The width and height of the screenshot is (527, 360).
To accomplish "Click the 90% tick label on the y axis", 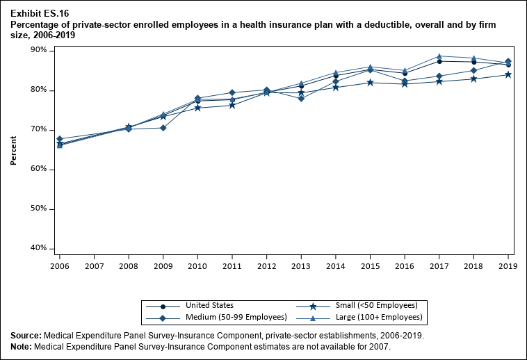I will coord(38,51).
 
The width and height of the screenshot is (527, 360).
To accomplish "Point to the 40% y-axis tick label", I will coord(38,248).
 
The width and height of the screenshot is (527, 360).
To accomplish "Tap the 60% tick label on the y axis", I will coord(38,170).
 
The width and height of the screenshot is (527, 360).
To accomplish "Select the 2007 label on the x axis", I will coord(94,265).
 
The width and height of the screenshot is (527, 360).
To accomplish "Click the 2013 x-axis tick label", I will coord(301,265).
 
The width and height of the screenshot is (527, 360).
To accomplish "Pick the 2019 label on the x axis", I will coord(508,265).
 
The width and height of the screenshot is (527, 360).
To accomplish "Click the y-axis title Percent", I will coord(13,149).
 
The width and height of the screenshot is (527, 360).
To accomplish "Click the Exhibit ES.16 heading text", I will coord(40,13).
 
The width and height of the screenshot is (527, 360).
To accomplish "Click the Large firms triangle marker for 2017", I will coord(439,56).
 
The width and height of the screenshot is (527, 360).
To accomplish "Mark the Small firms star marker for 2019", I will coord(508,74).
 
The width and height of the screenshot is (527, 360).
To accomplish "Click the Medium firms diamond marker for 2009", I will coord(163,128).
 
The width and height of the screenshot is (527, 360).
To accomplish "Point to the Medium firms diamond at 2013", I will coord(301,99).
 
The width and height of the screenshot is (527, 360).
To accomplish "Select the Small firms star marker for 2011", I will coord(232,105).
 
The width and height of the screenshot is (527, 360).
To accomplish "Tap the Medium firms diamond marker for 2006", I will coord(60,139).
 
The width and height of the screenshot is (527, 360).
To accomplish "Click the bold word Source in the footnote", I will coord(26,336).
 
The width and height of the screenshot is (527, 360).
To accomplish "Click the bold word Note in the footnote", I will coord(22,346).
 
